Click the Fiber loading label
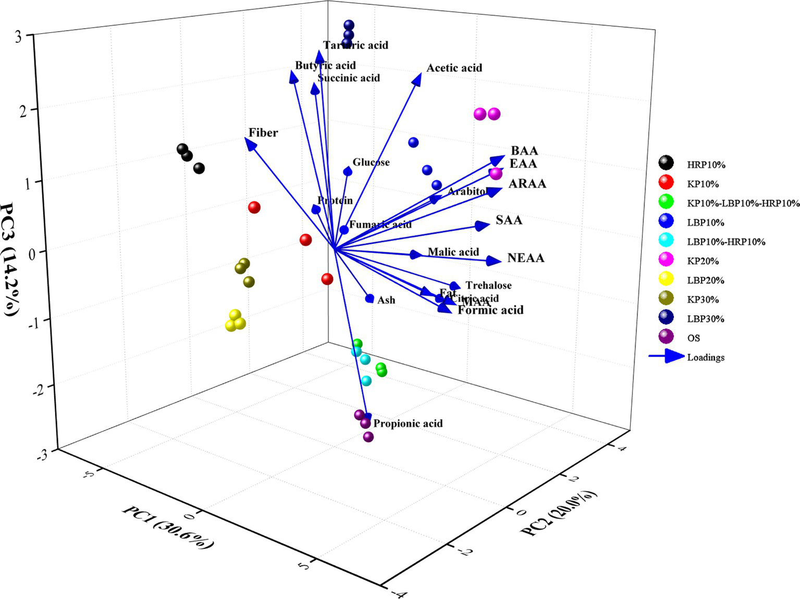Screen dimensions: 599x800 [263, 132]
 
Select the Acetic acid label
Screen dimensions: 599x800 [454, 68]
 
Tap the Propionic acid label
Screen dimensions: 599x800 [408, 423]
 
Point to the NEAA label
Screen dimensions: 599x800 [525, 258]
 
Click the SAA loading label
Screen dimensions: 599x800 [509, 219]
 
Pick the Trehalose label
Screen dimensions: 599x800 [488, 285]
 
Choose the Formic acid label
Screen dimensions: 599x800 [490, 310]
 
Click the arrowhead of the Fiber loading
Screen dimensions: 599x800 [250, 143]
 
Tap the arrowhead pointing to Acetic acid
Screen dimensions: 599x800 [416, 79]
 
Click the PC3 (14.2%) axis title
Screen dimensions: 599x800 [11, 260]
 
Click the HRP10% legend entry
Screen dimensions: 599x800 [706, 165]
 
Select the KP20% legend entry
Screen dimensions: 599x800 [703, 261]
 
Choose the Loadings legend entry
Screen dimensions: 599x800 [706, 357]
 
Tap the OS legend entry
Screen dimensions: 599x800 [693, 338]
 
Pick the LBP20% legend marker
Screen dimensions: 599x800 [666, 280]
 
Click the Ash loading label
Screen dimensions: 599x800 [386, 300]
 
